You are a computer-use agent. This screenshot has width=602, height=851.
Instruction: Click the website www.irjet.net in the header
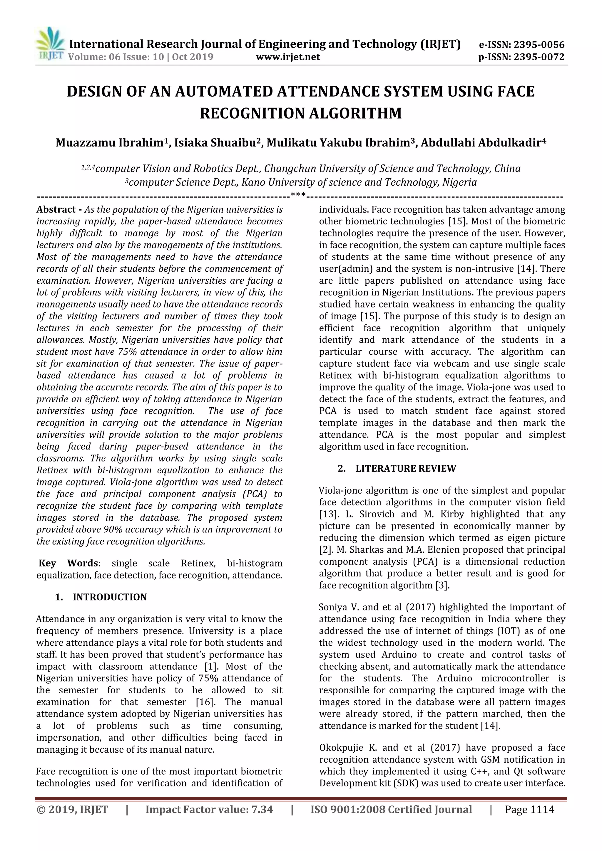(287, 57)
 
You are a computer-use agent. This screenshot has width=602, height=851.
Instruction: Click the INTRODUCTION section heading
(110, 597)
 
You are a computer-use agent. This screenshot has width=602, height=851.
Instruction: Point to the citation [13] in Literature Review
(326, 514)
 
